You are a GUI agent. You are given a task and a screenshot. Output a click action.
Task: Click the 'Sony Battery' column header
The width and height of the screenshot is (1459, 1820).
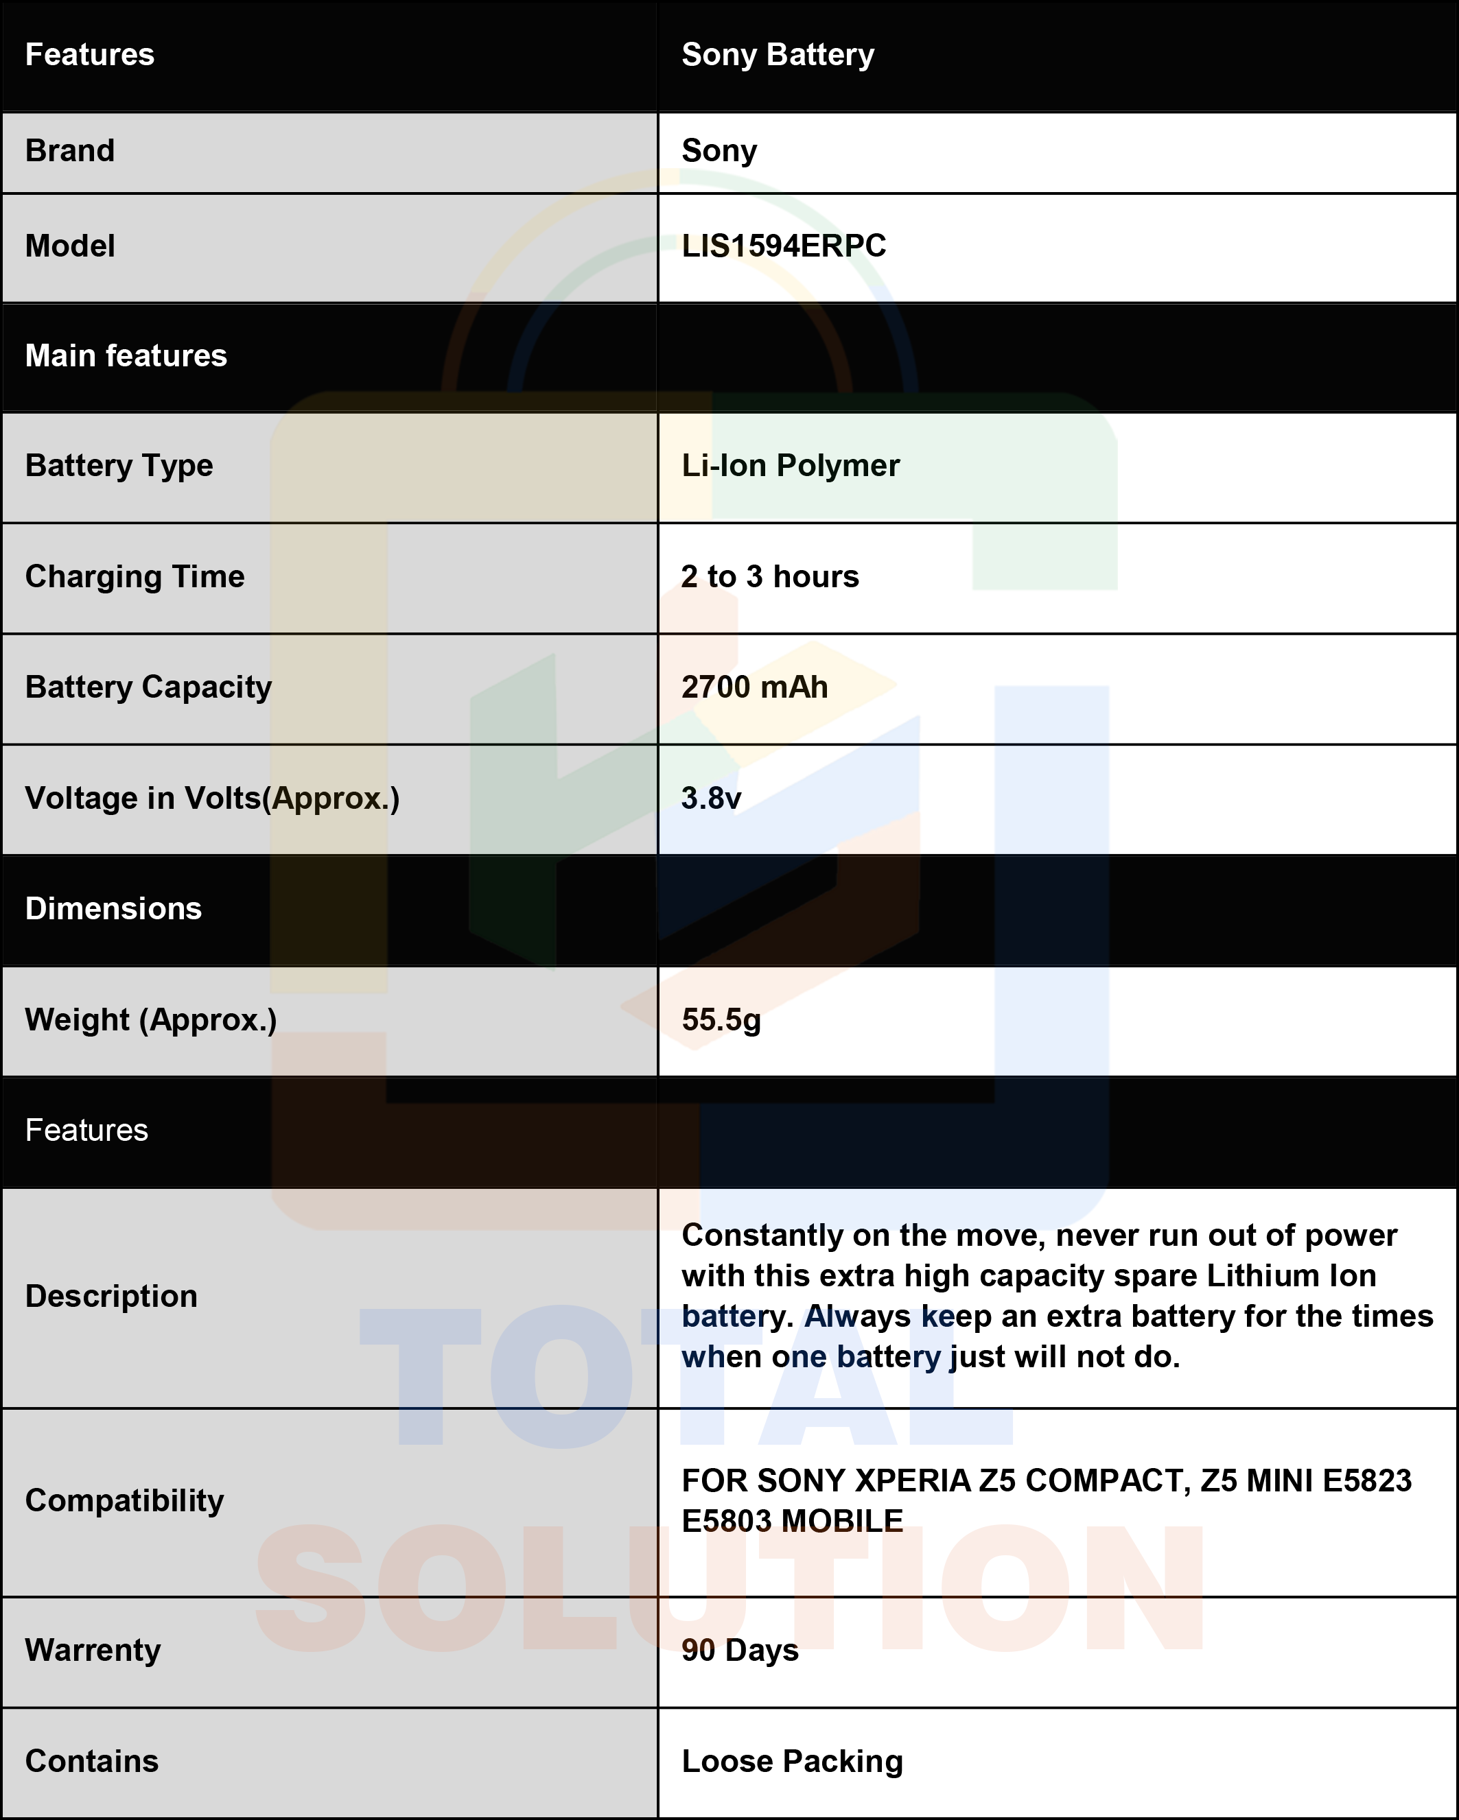(778, 55)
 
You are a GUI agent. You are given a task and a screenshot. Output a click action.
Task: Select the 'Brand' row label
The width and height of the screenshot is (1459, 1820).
(70, 150)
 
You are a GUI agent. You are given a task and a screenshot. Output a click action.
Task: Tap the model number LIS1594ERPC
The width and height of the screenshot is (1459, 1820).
(784, 246)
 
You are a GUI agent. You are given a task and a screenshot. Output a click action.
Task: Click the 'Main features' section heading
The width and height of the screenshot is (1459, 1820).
(126, 355)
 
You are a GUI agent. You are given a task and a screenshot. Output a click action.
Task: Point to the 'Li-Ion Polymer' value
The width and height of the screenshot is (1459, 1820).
(791, 465)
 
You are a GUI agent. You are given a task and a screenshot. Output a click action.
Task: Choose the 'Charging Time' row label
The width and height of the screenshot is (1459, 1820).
(135, 576)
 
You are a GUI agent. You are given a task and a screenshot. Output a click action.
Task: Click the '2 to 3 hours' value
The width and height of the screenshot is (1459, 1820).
(770, 576)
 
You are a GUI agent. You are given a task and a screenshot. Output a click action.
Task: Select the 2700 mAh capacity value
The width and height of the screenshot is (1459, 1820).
(754, 687)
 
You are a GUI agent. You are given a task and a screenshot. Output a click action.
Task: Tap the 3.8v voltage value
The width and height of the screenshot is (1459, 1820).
(711, 798)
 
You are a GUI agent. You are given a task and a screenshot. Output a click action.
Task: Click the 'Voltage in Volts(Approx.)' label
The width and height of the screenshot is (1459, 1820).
(212, 798)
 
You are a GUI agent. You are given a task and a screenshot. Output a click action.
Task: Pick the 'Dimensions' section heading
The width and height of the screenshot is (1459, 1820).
(113, 908)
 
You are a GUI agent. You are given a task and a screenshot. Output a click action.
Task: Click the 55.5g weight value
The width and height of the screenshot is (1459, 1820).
(721, 1019)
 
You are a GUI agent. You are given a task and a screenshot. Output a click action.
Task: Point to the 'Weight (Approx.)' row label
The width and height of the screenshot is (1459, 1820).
(151, 1019)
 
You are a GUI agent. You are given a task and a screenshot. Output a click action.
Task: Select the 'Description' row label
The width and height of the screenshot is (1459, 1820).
(111, 1296)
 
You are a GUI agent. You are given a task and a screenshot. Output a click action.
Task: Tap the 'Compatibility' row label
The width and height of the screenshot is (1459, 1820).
(124, 1500)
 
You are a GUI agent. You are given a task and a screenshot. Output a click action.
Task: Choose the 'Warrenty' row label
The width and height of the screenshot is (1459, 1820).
(93, 1649)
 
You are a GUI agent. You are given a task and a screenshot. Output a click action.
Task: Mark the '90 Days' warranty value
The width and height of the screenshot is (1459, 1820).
(740, 1649)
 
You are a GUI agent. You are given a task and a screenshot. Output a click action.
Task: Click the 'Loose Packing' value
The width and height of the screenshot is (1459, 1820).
(792, 1761)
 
